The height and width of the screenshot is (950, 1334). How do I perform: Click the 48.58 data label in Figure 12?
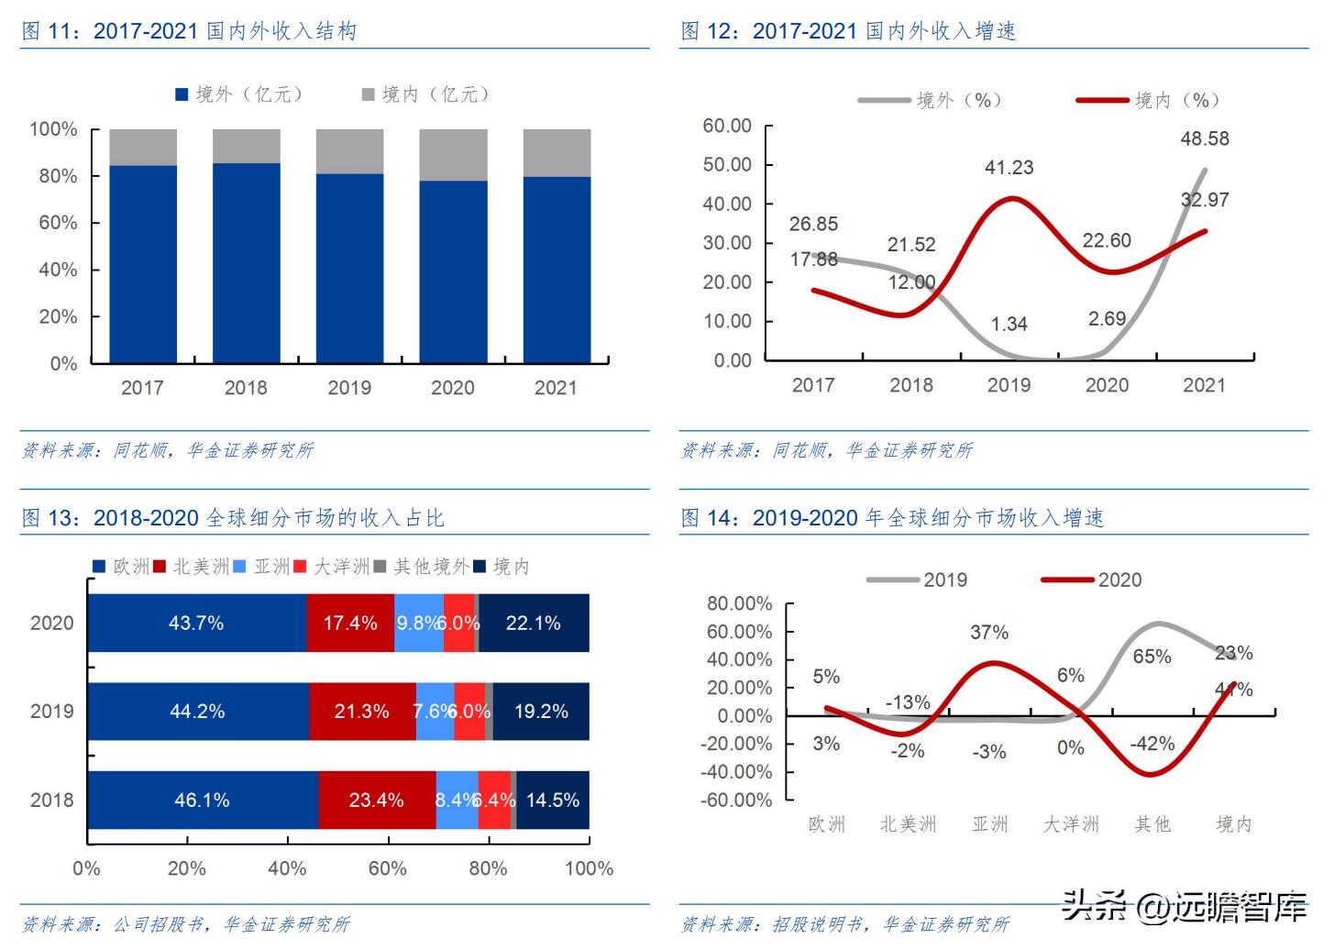[x=1204, y=139]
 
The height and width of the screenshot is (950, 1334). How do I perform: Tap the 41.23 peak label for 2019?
[x=1009, y=168]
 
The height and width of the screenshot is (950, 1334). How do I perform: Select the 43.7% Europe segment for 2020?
[x=196, y=624]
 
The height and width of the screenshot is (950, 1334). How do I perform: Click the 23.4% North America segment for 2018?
[x=376, y=801]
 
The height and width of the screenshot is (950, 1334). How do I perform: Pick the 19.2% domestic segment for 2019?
[x=541, y=712]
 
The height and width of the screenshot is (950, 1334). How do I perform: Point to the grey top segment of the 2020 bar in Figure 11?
[x=453, y=155]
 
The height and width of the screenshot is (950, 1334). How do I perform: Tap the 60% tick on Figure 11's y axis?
[x=58, y=223]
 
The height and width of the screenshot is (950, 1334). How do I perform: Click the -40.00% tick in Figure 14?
[x=736, y=772]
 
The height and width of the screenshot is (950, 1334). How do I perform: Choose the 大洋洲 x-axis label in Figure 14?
[x=1070, y=824]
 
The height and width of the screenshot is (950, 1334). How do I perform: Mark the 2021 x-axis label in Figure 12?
[x=1204, y=385]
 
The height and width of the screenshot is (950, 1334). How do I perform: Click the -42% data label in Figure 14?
[x=1152, y=744]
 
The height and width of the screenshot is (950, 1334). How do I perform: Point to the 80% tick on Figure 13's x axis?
[x=488, y=868]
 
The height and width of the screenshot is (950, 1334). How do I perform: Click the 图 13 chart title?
[x=233, y=518]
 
